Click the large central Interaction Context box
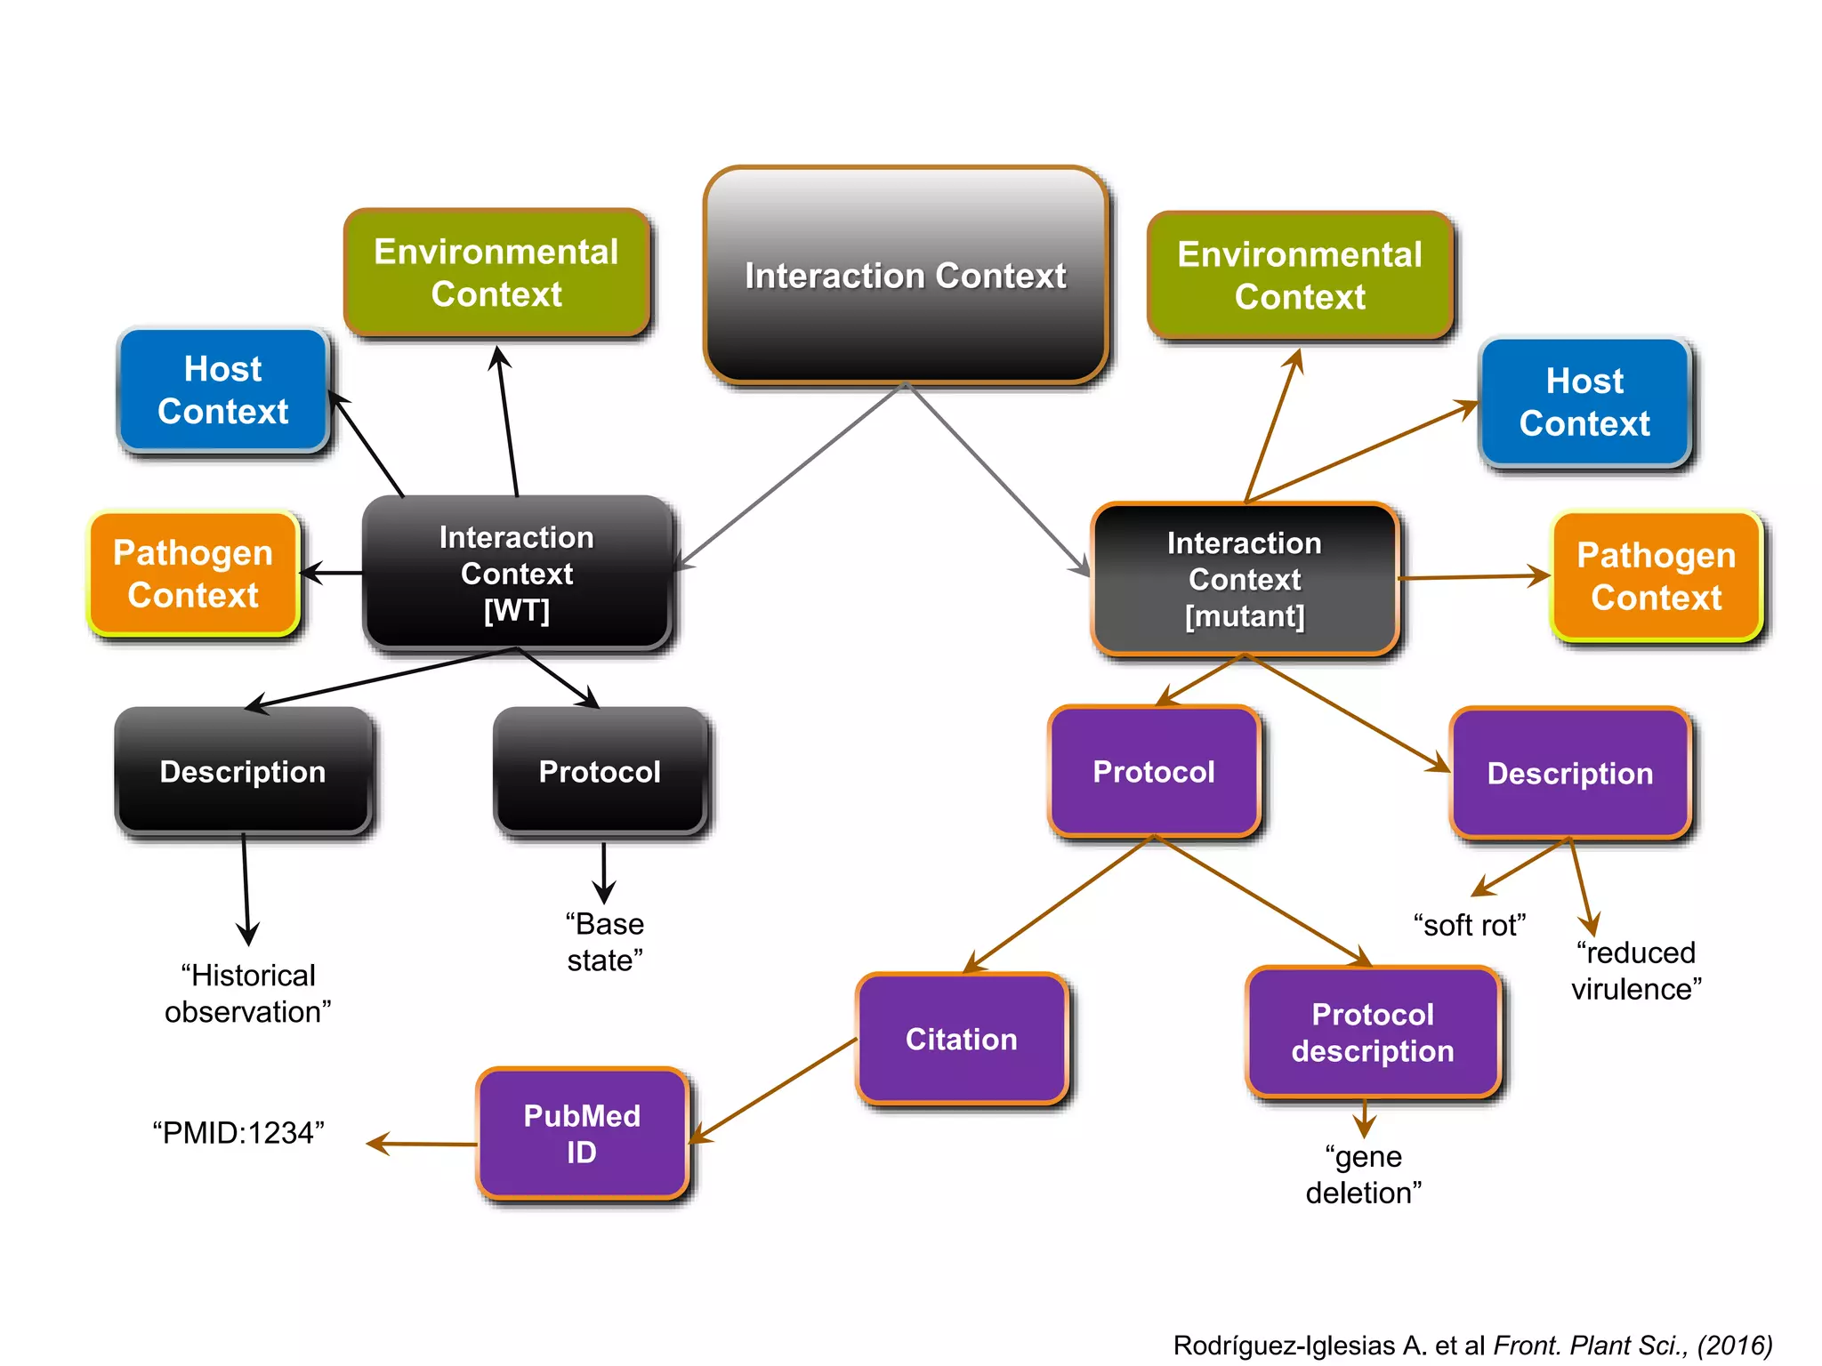906,276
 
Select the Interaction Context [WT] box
517,574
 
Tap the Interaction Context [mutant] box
1245,579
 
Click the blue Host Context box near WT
223,390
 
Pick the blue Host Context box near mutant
1584,402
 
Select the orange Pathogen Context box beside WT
193,574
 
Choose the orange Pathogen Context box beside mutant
1657,576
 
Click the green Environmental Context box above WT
496,273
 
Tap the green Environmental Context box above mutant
1300,276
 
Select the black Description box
243,771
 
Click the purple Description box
1570,773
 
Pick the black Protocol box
601,771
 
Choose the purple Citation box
962,1039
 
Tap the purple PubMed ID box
582,1134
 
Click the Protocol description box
1373,1033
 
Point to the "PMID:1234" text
238,1133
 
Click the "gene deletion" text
1364,1174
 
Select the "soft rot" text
1470,925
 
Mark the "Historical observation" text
248,993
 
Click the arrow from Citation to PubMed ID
774,1090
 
